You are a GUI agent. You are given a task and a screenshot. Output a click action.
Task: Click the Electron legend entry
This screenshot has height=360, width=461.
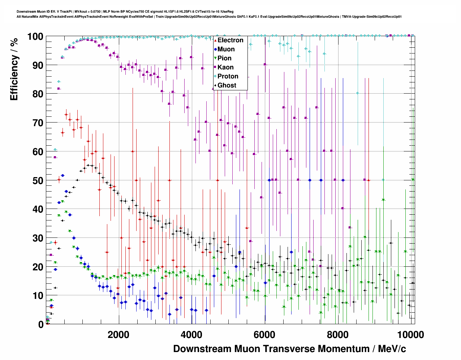tap(230, 40)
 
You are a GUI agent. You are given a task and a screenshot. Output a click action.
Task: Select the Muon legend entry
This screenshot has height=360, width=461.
tap(226, 49)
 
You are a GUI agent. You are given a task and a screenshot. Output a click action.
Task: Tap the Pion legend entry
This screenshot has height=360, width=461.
tap(224, 58)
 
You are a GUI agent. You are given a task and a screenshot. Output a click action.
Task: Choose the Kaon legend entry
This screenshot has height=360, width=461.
tap(225, 67)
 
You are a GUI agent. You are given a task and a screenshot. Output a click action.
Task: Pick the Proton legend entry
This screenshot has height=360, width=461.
tap(228, 76)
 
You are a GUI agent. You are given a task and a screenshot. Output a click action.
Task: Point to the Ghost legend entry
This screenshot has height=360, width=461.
tap(227, 85)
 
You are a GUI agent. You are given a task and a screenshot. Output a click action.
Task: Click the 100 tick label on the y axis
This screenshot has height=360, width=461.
tap(35, 37)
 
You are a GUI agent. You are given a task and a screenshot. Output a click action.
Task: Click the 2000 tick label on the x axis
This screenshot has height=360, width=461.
tap(119, 335)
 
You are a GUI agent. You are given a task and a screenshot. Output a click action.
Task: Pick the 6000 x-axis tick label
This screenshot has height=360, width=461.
tap(265, 335)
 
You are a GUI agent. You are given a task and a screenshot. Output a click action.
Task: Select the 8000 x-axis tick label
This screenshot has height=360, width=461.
tap(338, 335)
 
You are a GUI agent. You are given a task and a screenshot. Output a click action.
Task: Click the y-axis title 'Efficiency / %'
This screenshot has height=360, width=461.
tap(14, 69)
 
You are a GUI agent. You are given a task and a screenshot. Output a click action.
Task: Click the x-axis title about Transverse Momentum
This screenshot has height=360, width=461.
tap(289, 349)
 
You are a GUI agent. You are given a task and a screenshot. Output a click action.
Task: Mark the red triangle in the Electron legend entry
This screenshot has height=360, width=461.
tap(215, 40)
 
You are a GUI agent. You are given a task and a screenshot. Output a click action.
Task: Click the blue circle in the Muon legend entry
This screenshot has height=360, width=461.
tap(215, 49)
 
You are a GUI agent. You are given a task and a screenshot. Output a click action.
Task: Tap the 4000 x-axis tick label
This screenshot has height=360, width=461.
tap(191, 335)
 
